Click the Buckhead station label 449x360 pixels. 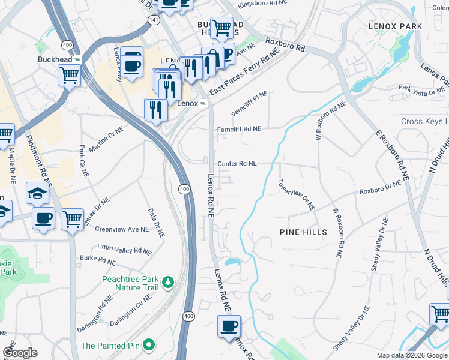pos(55,60)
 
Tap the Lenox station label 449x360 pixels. pos(188,103)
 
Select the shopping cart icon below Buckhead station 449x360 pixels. pos(70,76)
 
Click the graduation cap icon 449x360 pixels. pos(37,194)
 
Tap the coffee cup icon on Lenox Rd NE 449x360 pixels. pos(229,326)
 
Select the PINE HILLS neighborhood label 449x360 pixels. pos(303,232)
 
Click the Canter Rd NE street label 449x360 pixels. pos(237,163)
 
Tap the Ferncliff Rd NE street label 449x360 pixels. pos(239,129)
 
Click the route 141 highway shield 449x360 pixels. pos(154,20)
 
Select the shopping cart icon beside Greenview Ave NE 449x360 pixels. pos(72,220)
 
